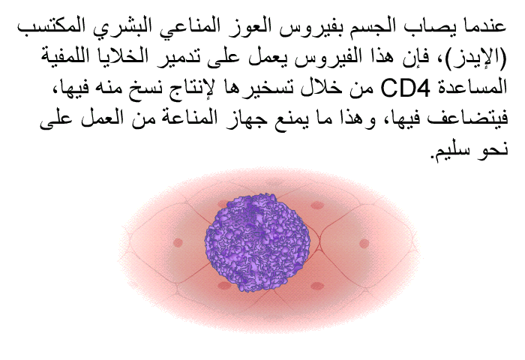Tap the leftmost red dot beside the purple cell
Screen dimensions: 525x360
click(178, 242)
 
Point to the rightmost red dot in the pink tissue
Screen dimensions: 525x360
click(364, 243)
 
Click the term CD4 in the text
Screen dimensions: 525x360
click(405, 88)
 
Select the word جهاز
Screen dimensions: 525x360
click(253, 118)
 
